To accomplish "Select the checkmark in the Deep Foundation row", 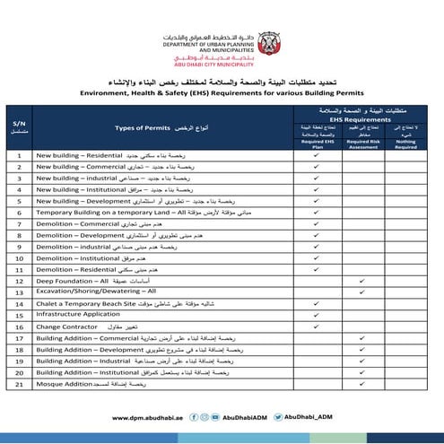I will click(361, 281).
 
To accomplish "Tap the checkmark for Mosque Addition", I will click(361, 384).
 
